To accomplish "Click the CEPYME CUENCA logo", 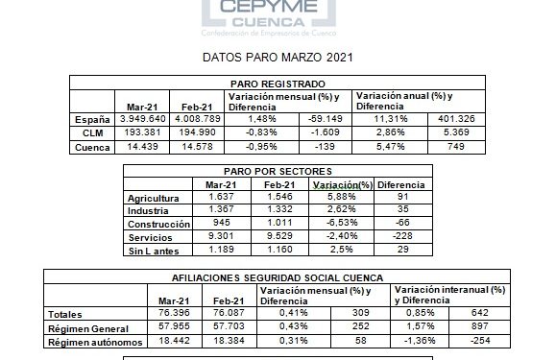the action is (x=278, y=14).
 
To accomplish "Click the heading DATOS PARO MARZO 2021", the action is (x=278, y=58).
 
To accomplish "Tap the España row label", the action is (x=86, y=118).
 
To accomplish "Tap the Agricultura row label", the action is (x=155, y=198).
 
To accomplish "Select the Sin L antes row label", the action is (x=155, y=251).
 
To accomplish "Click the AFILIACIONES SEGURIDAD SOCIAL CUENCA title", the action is (x=278, y=276).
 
